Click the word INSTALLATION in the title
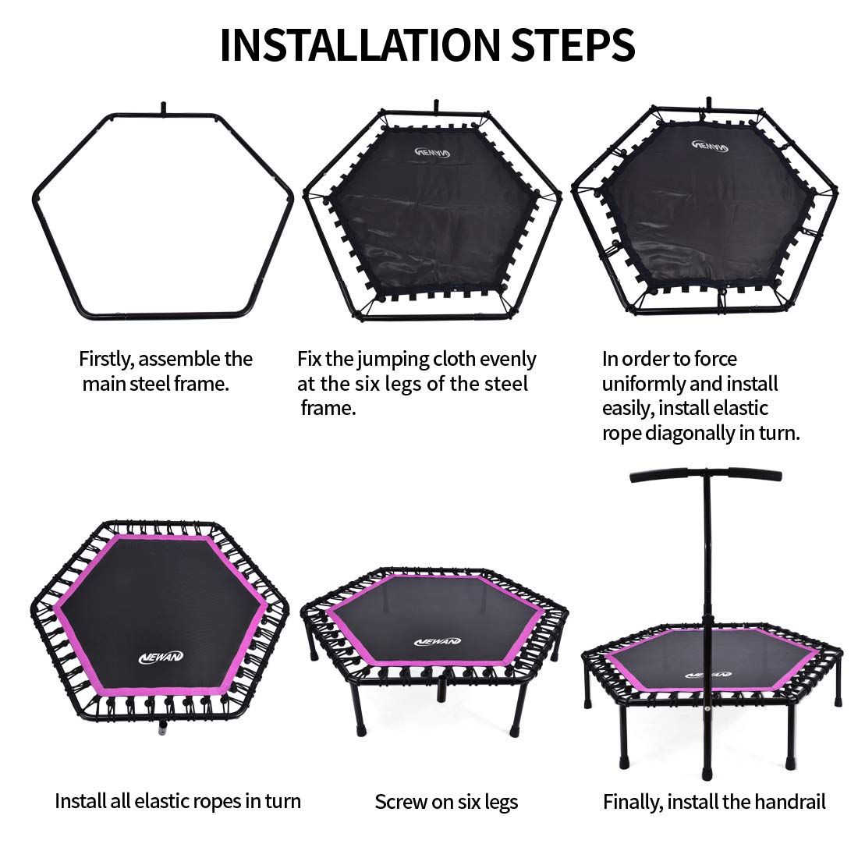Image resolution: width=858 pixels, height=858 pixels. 360,44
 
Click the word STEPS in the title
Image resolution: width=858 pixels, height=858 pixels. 573,44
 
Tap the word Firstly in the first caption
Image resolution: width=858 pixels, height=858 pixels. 105,360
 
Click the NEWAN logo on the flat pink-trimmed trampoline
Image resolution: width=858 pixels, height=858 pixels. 161,657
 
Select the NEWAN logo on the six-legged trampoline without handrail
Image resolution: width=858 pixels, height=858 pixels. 438,641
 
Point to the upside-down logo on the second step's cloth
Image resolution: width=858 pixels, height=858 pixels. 432,152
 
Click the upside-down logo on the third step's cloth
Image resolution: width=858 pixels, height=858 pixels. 711,146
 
